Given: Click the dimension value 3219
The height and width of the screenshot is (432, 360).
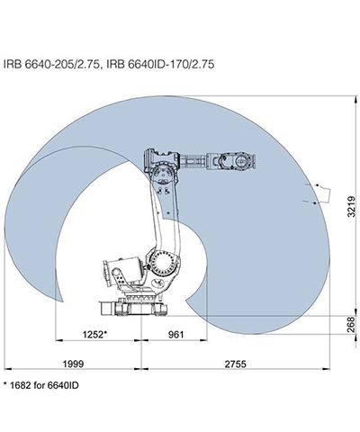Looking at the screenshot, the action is point(352,206).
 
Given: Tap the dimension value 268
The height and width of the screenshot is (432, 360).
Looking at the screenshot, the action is point(352,324).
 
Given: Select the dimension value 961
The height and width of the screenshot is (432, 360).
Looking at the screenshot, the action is point(175,335).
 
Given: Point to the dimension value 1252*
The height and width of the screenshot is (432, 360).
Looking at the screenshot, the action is point(94,334).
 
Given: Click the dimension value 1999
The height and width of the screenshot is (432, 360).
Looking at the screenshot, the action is point(73,364).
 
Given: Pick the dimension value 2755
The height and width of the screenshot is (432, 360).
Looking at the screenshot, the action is point(236,364).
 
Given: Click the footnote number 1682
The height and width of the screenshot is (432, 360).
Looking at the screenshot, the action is point(21,385).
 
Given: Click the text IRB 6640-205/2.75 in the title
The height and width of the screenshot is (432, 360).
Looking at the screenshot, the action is point(51,64).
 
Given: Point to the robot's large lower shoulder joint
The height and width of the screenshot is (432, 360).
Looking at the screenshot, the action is point(163,260).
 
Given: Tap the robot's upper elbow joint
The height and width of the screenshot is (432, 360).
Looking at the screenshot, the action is point(163,173).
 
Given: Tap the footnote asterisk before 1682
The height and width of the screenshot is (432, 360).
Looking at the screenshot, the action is point(4,383).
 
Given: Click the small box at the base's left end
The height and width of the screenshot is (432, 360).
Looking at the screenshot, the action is point(106,309).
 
